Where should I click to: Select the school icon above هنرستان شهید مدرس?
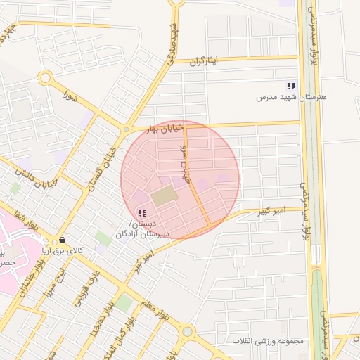click(x=291, y=86)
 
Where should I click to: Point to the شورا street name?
click(x=70, y=92)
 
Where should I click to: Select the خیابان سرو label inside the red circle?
click(x=185, y=163)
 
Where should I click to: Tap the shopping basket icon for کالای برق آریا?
click(x=63, y=239)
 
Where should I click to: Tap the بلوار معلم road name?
click(x=155, y=314)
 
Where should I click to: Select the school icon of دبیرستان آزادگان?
click(x=142, y=213)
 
